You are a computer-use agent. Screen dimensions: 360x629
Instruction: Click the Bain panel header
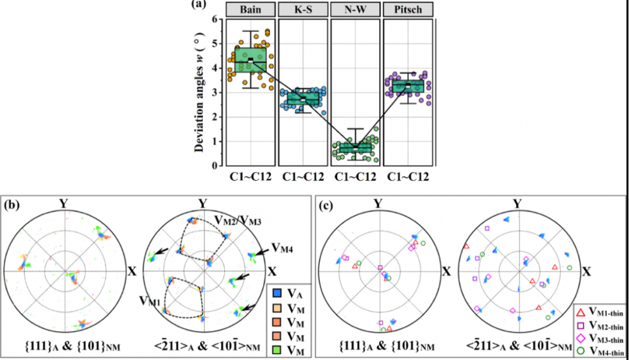250,10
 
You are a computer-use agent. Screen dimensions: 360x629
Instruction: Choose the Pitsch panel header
407,10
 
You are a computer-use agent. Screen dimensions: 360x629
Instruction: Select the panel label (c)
327,204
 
